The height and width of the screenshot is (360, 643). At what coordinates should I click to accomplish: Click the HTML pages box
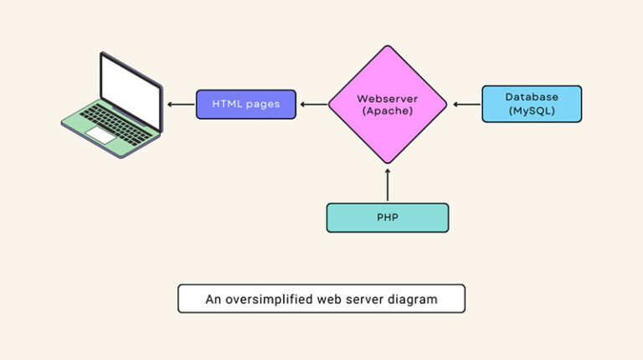point(245,105)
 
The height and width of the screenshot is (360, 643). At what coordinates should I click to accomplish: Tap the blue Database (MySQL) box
point(532,104)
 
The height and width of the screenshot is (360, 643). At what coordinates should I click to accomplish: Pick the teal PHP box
point(387,218)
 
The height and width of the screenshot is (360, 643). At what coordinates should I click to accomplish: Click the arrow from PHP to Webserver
point(387,184)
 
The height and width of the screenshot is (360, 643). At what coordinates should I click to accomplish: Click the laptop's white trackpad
point(101,134)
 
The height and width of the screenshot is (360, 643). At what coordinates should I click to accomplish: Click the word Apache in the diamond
point(387,111)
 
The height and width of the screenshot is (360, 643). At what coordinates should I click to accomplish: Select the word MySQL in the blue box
point(532,111)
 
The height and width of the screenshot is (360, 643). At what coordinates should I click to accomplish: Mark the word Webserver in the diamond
point(387,99)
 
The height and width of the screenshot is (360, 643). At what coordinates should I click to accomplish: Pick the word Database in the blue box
point(532,97)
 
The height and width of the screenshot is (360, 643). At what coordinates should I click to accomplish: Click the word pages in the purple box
point(263,105)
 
